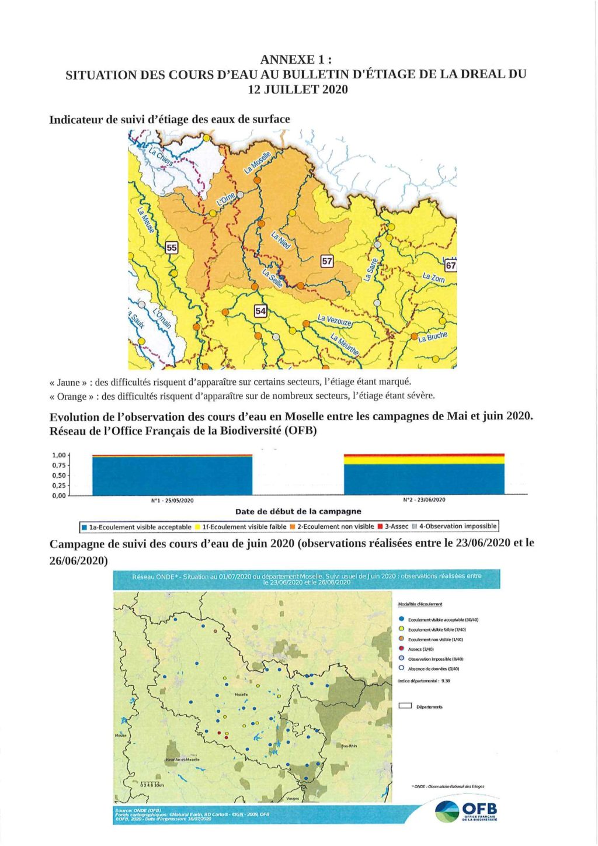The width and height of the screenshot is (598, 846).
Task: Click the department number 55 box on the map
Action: click(x=171, y=247)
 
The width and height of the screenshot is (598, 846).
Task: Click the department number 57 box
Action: click(x=327, y=261)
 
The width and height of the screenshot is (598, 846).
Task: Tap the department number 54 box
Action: click(x=260, y=311)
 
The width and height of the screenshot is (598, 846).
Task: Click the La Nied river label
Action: click(x=280, y=240)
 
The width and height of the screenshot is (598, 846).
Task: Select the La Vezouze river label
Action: click(x=335, y=320)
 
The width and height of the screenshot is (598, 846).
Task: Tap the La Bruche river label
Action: click(x=433, y=337)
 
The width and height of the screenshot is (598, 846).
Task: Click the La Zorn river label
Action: click(x=433, y=278)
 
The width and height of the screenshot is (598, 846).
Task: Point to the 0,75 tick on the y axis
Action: click(x=59, y=466)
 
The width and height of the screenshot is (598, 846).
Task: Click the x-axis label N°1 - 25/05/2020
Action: click(x=172, y=501)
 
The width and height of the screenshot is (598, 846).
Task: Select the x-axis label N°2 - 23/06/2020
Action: click(x=424, y=500)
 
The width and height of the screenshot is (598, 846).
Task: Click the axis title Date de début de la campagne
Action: click(x=298, y=512)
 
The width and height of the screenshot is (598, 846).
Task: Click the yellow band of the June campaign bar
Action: click(x=424, y=460)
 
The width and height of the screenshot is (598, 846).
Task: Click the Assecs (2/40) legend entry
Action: click(x=420, y=649)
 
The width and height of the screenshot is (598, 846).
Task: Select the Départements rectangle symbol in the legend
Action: click(x=405, y=706)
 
